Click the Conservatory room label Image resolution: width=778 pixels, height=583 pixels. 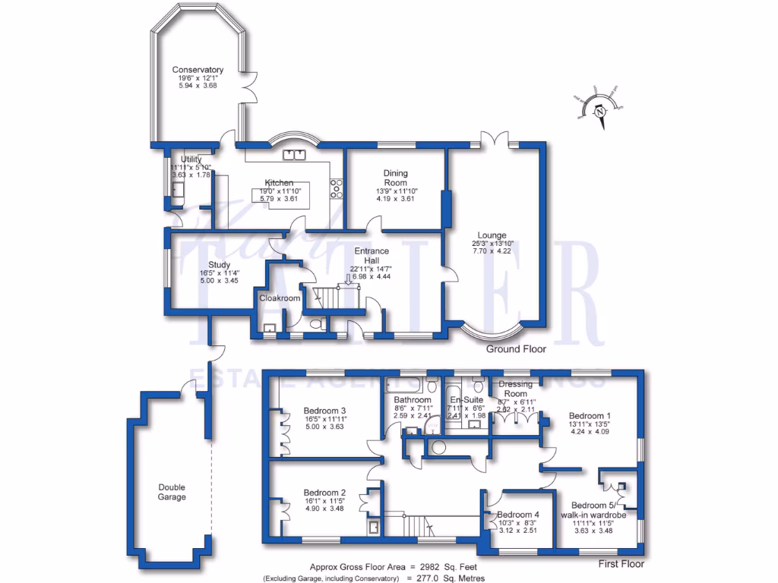198,70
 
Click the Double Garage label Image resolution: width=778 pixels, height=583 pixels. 172,492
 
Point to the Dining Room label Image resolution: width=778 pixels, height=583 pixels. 395,178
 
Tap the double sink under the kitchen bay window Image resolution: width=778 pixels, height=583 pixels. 293,156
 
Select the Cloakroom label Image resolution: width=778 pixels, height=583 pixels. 280,298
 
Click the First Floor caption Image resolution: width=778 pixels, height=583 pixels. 620,564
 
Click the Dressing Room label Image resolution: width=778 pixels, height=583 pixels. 516,389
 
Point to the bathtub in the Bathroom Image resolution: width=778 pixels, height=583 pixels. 403,383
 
